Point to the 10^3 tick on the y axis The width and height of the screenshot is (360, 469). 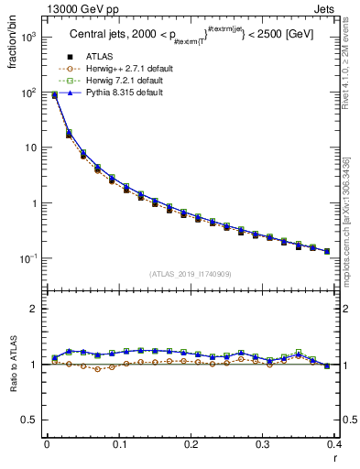tap(29, 38)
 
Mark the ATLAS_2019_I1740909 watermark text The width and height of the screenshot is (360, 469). tap(190, 274)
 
